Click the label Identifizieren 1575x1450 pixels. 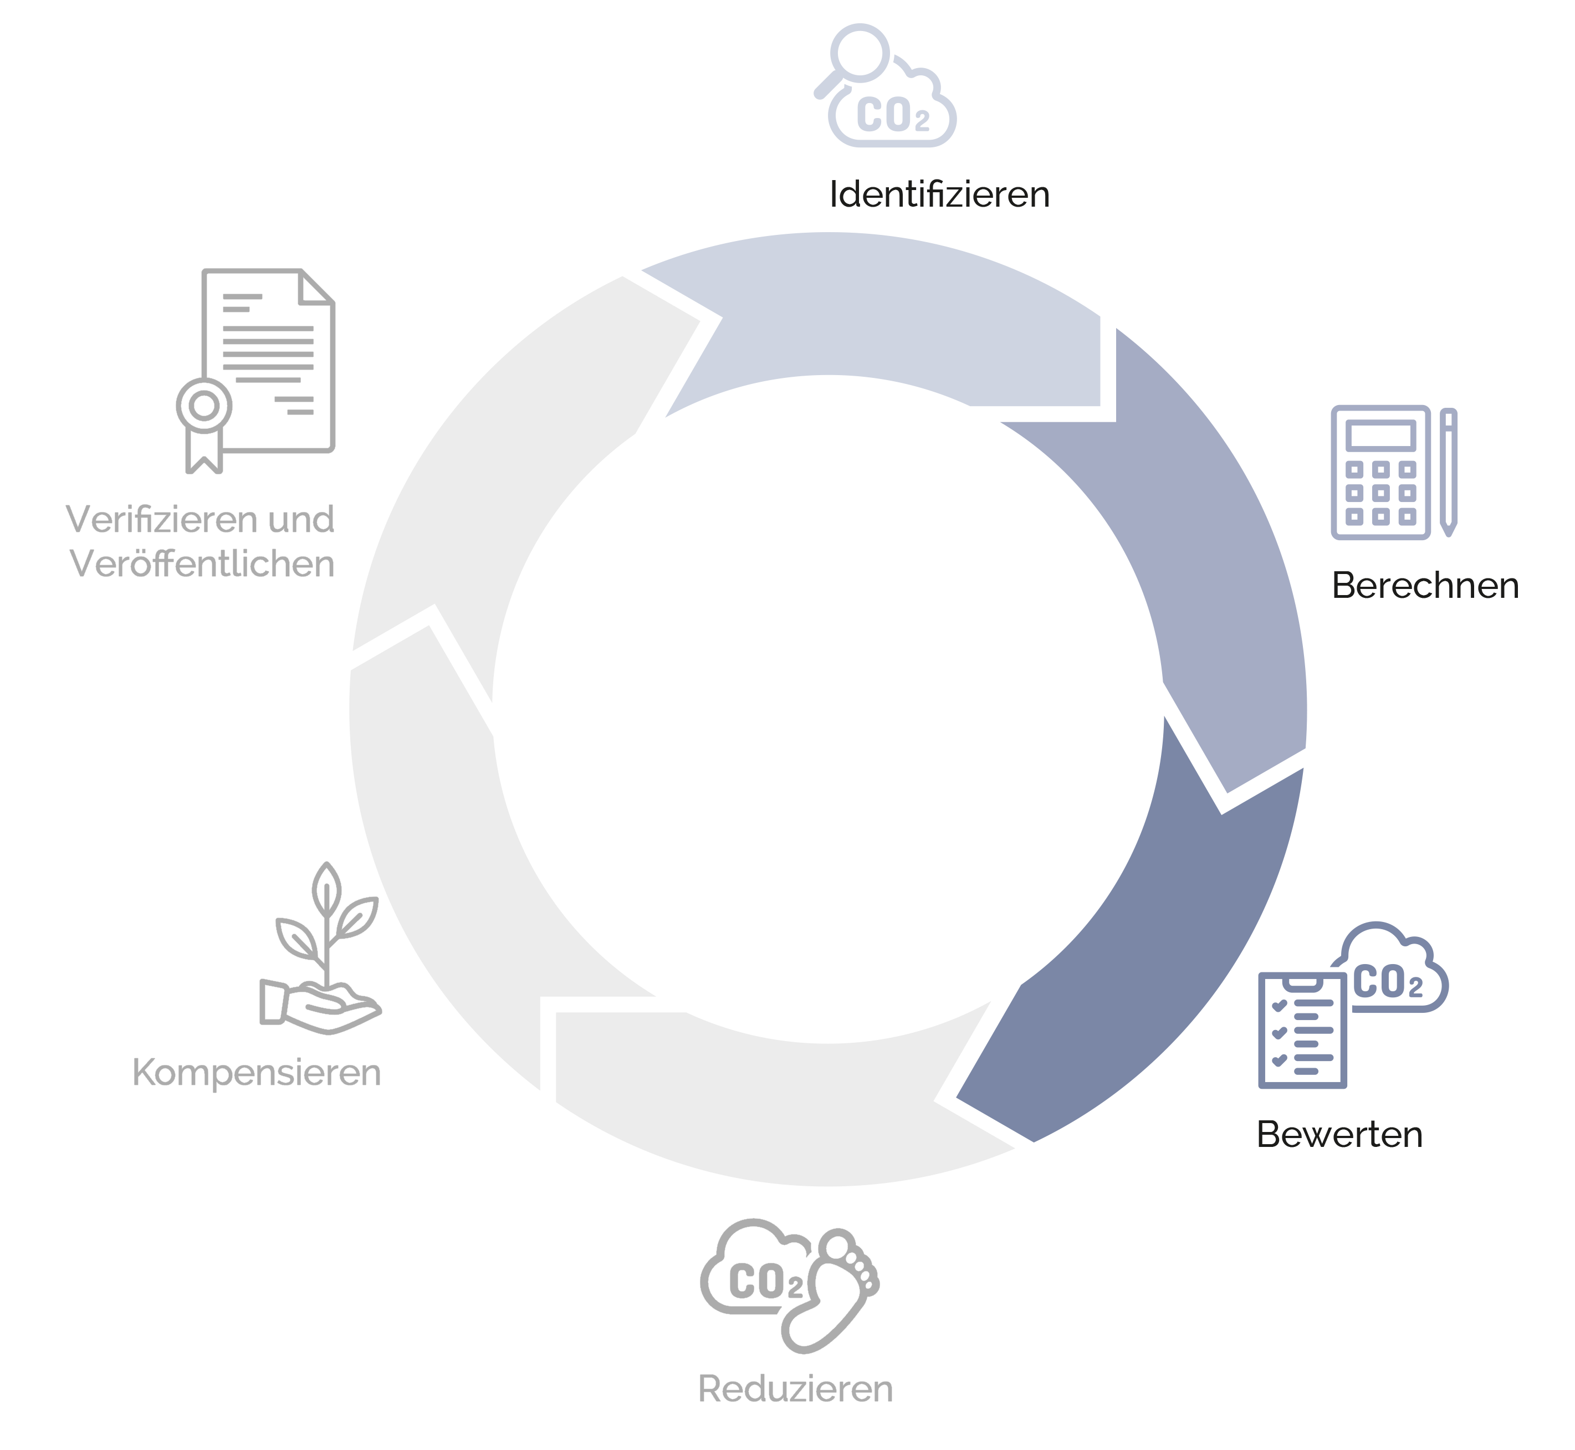pos(939,194)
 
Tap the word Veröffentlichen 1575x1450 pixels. pos(202,564)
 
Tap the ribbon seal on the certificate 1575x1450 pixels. pos(204,424)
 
